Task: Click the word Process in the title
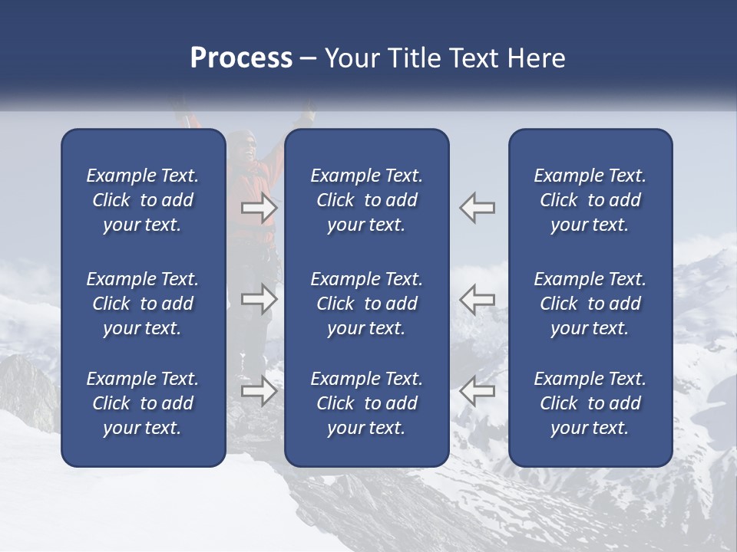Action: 241,58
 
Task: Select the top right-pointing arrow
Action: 259,208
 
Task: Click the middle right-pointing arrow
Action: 259,299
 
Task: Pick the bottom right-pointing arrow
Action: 259,391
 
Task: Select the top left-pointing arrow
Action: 478,208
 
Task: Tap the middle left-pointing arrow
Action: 478,299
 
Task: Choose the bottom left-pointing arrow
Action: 478,391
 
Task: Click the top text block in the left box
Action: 143,200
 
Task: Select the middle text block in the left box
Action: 143,304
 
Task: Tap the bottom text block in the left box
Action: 143,403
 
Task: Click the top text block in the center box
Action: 366,200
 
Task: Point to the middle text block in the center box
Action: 366,304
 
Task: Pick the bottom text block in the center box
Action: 366,403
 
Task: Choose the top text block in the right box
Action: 590,200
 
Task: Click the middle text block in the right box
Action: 590,304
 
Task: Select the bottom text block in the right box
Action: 590,403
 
